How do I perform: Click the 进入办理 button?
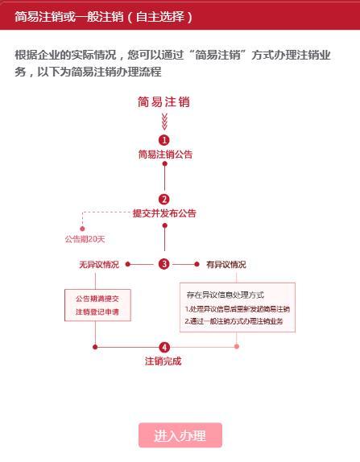[180, 435]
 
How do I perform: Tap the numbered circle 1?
[164, 140]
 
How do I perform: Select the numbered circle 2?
[164, 200]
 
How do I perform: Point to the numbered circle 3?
[164, 264]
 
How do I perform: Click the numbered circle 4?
[164, 347]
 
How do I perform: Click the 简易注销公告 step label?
[165, 154]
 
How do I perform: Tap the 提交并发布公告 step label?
[164, 213]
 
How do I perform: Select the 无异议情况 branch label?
[99, 264]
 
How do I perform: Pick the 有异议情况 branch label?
[226, 264]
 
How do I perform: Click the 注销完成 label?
[163, 361]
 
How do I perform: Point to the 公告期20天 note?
[85, 239]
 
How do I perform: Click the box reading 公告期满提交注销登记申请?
[97, 305]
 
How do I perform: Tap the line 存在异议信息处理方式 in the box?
[226, 295]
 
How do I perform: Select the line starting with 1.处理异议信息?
[238, 309]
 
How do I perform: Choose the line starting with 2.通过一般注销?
[234, 321]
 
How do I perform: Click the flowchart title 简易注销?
[164, 102]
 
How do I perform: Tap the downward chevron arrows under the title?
[164, 122]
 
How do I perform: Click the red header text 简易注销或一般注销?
[69, 17]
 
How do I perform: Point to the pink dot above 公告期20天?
[82, 229]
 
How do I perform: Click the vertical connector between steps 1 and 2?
[165, 177]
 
